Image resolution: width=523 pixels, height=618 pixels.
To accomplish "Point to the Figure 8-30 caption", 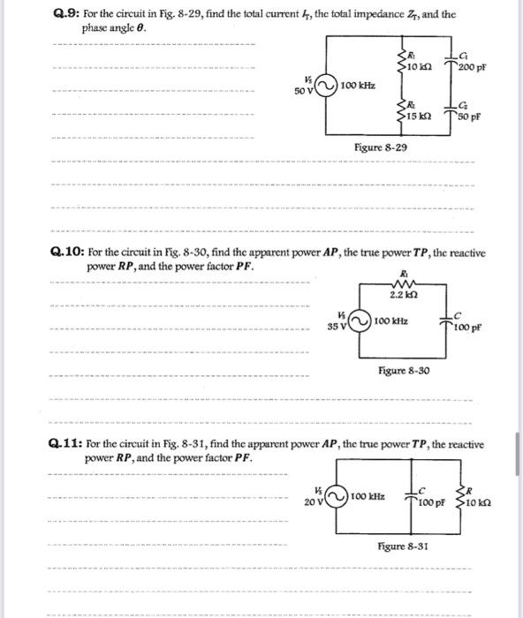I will point(403,371).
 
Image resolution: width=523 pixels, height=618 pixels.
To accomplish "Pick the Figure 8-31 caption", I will point(403,546).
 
